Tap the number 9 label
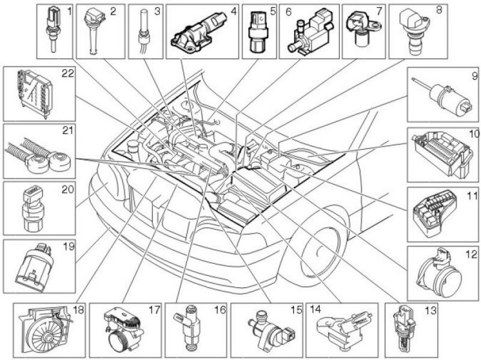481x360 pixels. pos(474,76)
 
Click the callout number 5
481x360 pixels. pos(272,10)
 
